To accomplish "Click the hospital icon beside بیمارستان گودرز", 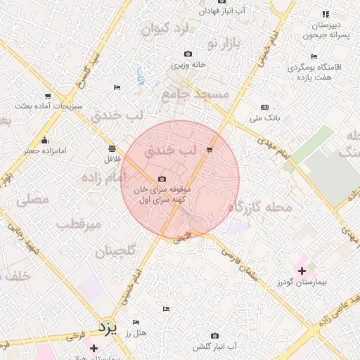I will click(x=302, y=270).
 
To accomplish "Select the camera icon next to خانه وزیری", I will click(x=188, y=54).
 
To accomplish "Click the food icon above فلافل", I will click(x=112, y=148).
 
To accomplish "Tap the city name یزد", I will click(x=107, y=328).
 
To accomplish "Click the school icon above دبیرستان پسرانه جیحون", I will click(x=325, y=14).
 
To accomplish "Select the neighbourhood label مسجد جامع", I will click(x=195, y=93).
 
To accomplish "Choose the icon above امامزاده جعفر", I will click(x=44, y=139).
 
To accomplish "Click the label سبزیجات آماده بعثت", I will click(x=49, y=106).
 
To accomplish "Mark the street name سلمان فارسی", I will click(x=244, y=264).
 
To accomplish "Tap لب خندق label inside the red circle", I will click(x=169, y=151).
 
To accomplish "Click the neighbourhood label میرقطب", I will click(x=79, y=224).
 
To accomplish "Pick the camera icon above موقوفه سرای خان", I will click(x=162, y=180).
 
